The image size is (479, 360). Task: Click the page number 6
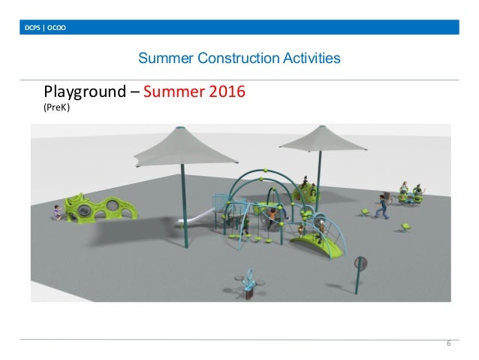point(448,343)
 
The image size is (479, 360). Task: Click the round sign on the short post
point(362,264)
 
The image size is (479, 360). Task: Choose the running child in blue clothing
point(384,205)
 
